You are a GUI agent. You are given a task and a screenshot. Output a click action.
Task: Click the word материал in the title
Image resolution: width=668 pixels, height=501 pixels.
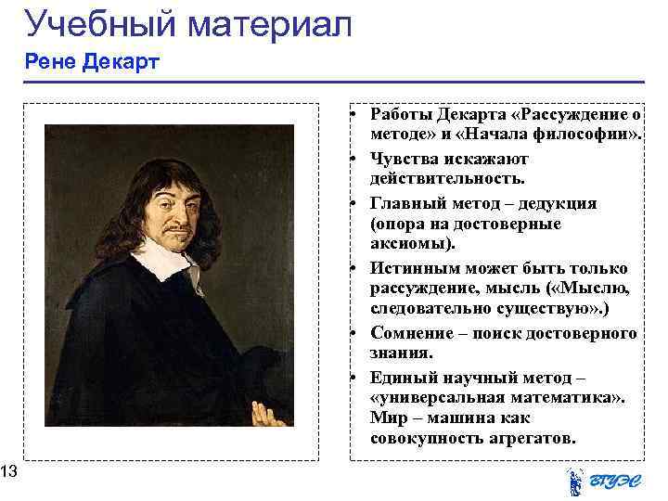point(269,24)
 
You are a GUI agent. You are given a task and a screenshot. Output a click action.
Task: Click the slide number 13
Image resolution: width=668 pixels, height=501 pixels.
point(8,474)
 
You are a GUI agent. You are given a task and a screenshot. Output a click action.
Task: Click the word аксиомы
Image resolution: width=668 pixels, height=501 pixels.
point(409,244)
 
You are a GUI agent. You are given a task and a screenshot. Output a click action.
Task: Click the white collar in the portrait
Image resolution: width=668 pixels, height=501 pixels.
point(166,259)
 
